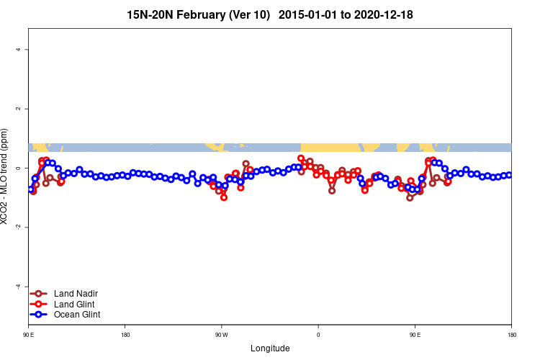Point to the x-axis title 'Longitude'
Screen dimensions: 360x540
coord(270,348)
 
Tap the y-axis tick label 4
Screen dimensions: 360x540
coord(18,50)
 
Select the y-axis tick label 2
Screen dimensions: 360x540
coord(18,109)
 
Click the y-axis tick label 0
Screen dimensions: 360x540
coord(18,168)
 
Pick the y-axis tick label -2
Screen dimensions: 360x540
coord(18,227)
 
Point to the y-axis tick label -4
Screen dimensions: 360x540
coord(18,286)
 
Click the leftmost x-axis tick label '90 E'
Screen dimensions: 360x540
coord(29,335)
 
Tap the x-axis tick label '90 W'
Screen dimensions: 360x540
coord(221,335)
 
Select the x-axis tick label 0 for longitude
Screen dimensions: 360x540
coord(318,335)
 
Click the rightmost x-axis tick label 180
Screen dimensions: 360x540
coord(511,335)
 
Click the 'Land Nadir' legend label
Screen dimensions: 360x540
coord(75,293)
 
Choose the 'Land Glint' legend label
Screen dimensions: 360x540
coord(73,304)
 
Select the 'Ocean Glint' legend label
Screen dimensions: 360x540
coord(77,315)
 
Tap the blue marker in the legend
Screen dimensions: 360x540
coord(40,315)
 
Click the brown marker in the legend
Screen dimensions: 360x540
coord(40,293)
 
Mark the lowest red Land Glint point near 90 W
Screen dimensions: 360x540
coord(224,197)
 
